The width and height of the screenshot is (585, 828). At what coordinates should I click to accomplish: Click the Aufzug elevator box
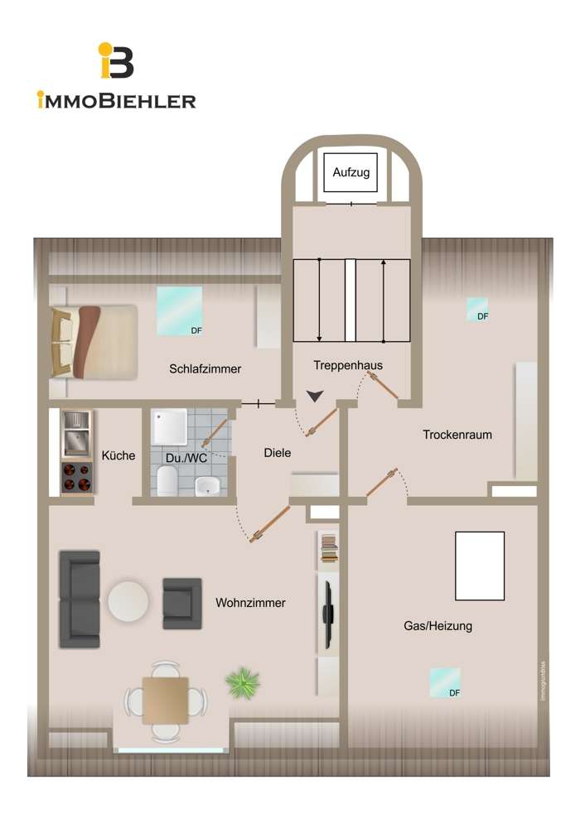pyautogui.click(x=351, y=173)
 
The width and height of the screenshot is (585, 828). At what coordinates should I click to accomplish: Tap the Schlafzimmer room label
pyautogui.click(x=205, y=368)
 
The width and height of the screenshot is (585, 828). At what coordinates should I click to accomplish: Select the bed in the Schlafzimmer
pyautogui.click(x=93, y=342)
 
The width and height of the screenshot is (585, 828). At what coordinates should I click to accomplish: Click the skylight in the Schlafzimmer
pyautogui.click(x=180, y=310)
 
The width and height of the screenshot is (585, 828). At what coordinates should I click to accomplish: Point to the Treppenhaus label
pyautogui.click(x=348, y=365)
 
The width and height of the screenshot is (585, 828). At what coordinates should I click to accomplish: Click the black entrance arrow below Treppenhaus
pyautogui.click(x=315, y=397)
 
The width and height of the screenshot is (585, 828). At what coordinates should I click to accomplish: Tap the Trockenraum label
pyautogui.click(x=457, y=434)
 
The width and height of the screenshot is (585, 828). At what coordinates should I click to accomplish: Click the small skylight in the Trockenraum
pyautogui.click(x=477, y=309)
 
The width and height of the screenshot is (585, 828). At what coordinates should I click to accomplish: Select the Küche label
pyautogui.click(x=118, y=455)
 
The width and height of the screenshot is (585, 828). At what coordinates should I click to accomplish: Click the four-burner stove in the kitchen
pyautogui.click(x=76, y=477)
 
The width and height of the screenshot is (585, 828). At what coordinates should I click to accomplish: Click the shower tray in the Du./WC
pyautogui.click(x=169, y=427)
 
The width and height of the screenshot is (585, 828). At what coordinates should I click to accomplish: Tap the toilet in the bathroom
pyautogui.click(x=167, y=480)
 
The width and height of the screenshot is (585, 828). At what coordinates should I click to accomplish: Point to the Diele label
pyautogui.click(x=278, y=453)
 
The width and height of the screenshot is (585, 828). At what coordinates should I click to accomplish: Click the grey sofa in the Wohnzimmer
pyautogui.click(x=80, y=599)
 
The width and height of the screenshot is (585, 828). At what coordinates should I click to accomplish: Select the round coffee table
pyautogui.click(x=128, y=601)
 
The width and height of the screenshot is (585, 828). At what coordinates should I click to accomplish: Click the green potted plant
pyautogui.click(x=242, y=683)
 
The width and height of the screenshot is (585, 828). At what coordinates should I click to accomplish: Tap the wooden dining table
pyautogui.click(x=165, y=700)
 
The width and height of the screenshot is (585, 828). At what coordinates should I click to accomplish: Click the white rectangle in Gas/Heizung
pyautogui.click(x=480, y=566)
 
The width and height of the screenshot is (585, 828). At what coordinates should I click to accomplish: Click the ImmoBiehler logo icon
pyautogui.click(x=116, y=61)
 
